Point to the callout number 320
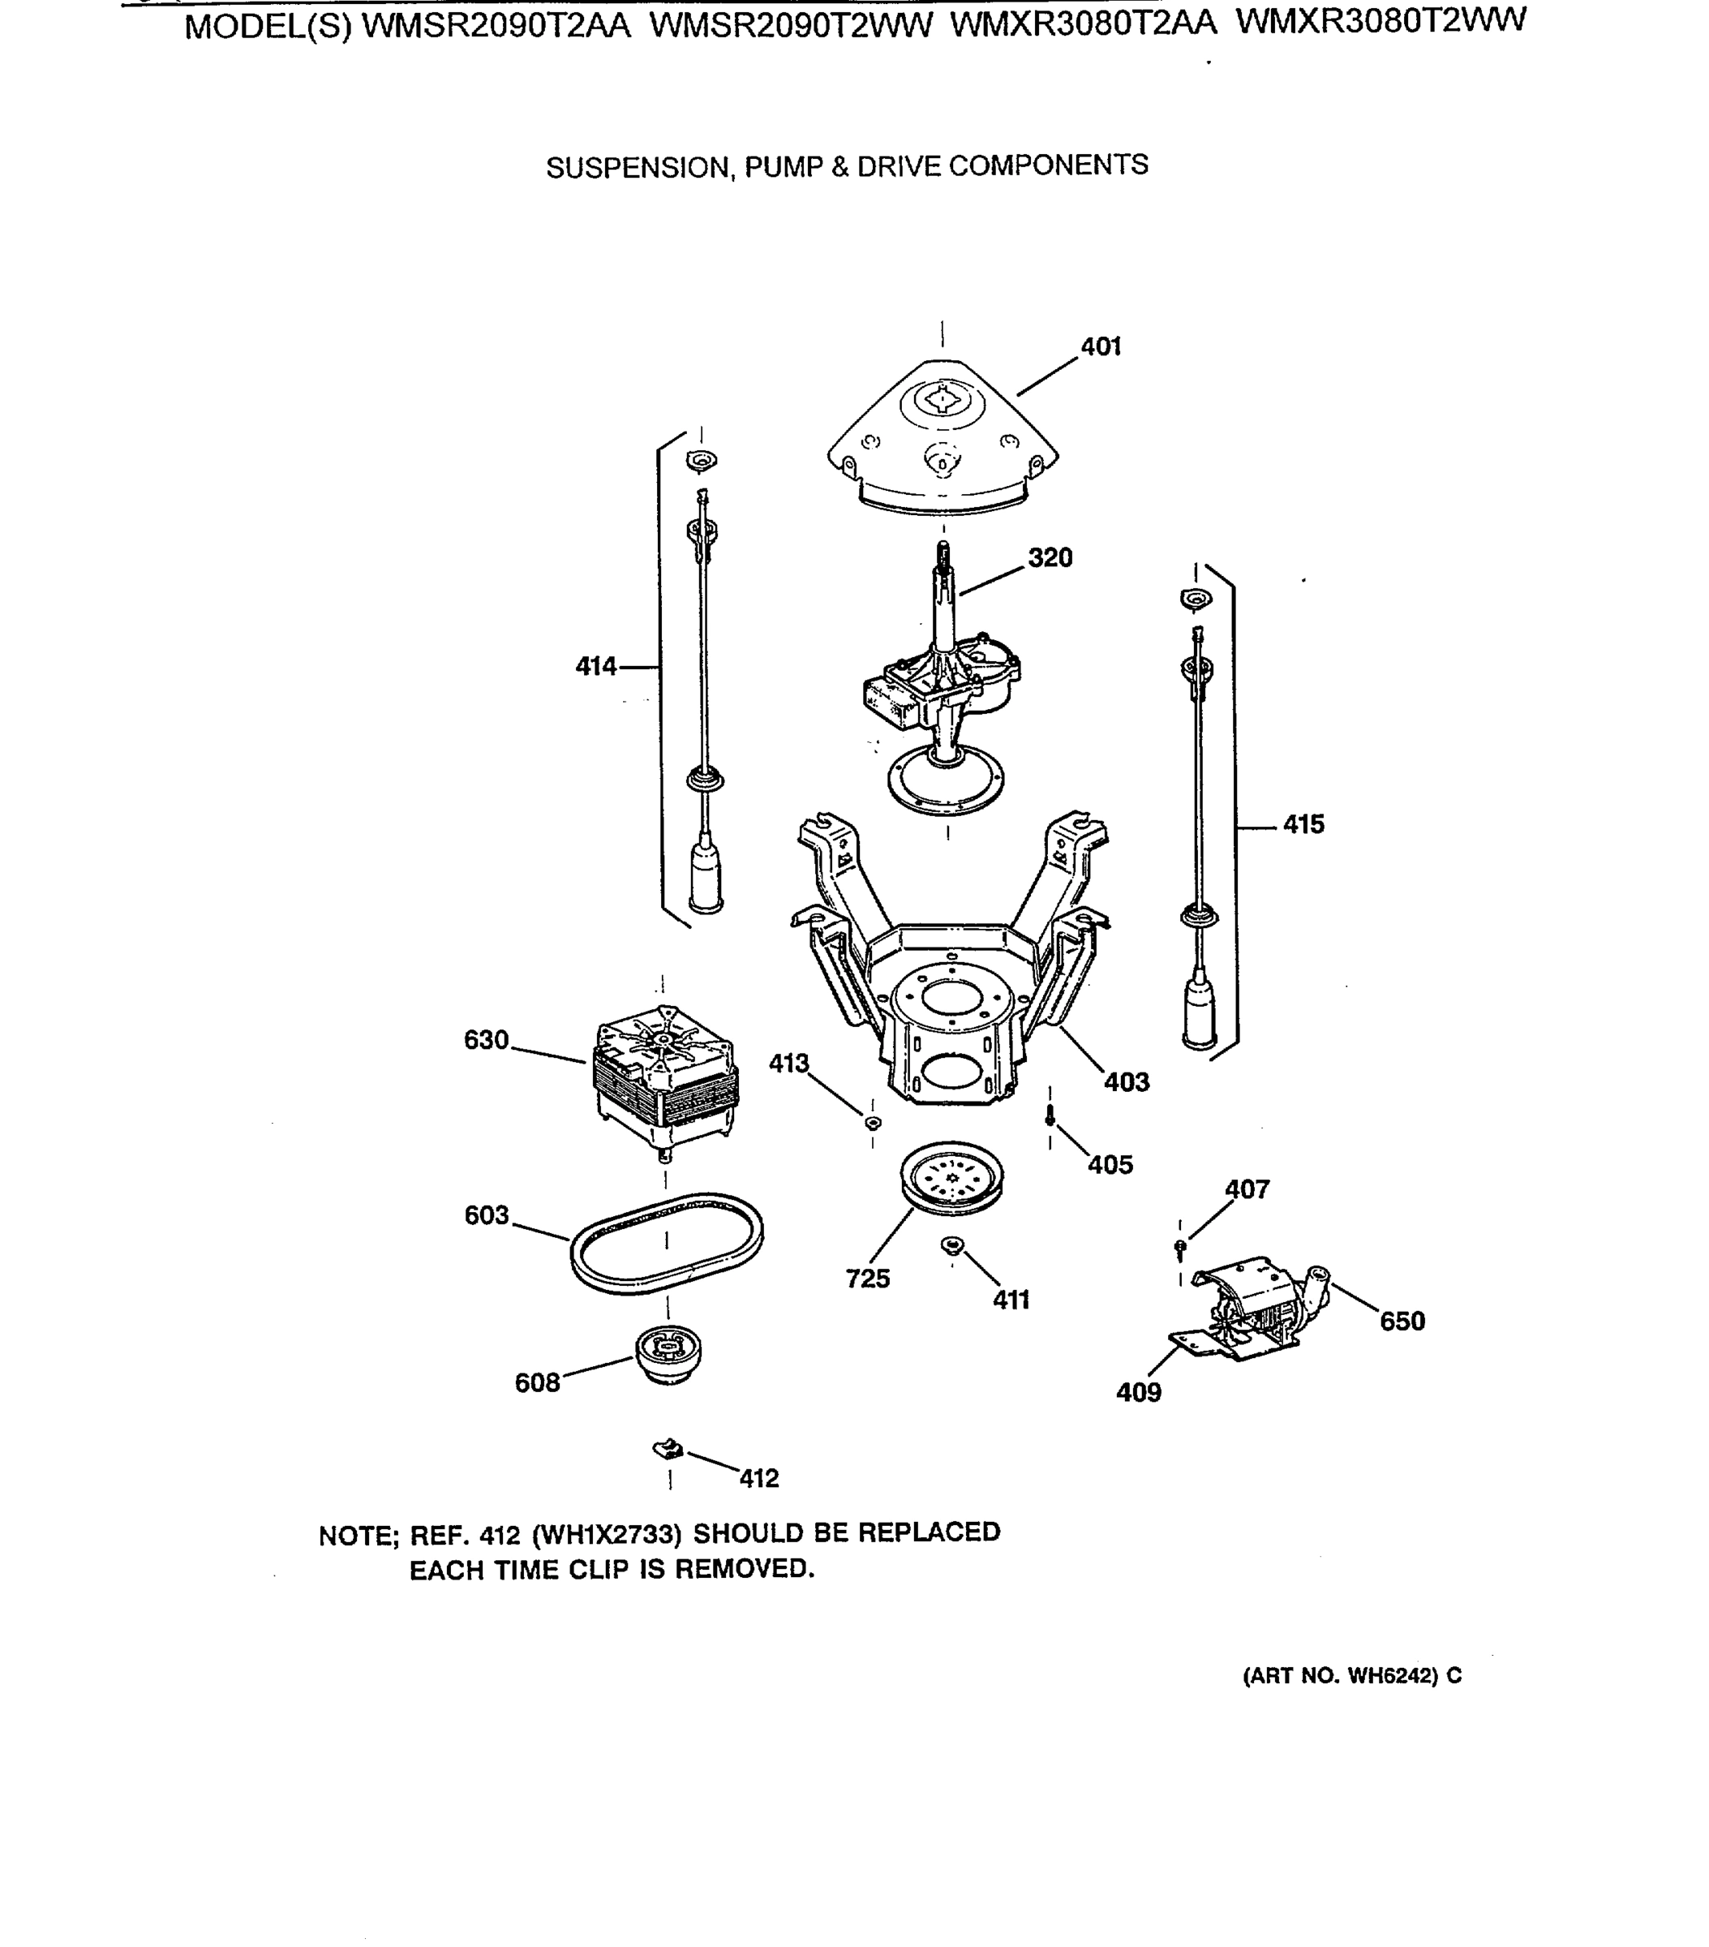click(x=1050, y=557)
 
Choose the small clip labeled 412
click(x=668, y=1449)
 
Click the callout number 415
click(x=1303, y=824)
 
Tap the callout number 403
click(x=1126, y=1082)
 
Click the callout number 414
click(x=595, y=667)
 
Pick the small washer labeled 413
click(x=873, y=1122)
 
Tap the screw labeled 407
click(x=1180, y=1246)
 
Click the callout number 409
click(x=1138, y=1393)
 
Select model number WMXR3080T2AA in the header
click(x=1082, y=23)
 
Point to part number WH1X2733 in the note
click(x=606, y=1535)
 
